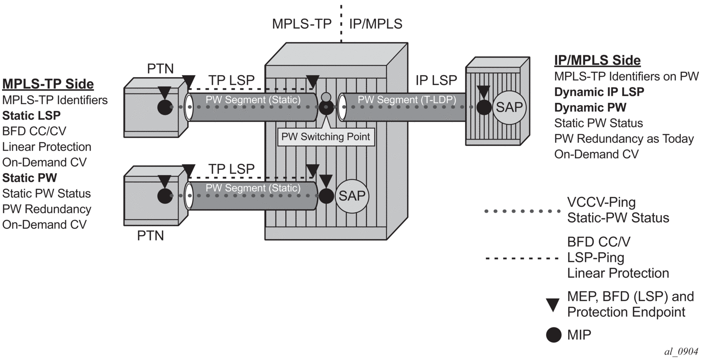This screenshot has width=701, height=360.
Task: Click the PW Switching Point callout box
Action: (x=326, y=137)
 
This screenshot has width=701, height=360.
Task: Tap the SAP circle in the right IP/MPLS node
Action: (x=509, y=108)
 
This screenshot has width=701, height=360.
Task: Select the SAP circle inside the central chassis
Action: (x=352, y=196)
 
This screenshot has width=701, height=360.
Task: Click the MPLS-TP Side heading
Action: (x=48, y=84)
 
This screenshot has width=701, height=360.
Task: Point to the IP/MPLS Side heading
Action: (x=597, y=60)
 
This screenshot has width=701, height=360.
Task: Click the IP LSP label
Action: (x=436, y=80)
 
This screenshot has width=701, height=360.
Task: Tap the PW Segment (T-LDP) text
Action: (x=407, y=100)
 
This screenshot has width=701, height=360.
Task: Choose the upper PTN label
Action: (x=160, y=69)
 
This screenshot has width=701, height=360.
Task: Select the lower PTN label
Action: (x=150, y=235)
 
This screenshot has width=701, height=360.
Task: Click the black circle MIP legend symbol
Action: (x=553, y=335)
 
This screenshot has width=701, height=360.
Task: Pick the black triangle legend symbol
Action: (x=553, y=305)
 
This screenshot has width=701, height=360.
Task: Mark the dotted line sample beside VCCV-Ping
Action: (x=523, y=211)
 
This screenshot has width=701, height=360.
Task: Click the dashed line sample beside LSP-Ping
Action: (x=523, y=258)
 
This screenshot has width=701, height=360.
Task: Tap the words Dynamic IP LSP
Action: (x=599, y=92)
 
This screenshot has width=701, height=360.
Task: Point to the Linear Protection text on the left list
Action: (x=46, y=147)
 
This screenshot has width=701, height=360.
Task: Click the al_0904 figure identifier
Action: (x=681, y=352)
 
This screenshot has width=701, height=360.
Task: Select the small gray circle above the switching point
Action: (x=326, y=97)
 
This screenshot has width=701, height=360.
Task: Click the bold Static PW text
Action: (x=29, y=178)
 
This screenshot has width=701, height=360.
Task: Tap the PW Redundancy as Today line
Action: (x=624, y=139)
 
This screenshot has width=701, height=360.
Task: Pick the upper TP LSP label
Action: (x=231, y=80)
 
